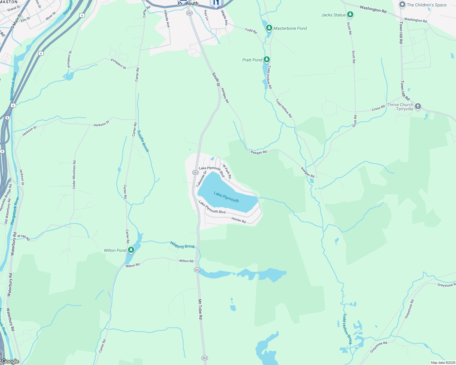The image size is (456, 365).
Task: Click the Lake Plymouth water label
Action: coord(226,197)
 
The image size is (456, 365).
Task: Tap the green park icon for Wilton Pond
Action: coord(131,250)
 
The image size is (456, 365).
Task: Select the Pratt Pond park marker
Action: coord(267,59)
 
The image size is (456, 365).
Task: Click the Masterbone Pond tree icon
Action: coord(269,28)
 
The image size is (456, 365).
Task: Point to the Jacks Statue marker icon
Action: coord(350,14)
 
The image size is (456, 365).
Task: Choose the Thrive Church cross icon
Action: coord(418,106)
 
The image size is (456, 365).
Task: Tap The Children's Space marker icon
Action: coord(402,5)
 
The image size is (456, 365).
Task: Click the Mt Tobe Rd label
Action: coord(200,309)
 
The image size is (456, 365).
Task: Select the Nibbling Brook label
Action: coord(182,245)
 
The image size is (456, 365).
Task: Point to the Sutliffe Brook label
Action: coord(143,141)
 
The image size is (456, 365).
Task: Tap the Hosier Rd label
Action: coord(239,220)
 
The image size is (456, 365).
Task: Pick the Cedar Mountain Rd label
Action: coord(74,175)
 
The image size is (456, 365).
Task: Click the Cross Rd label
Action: coord(378,108)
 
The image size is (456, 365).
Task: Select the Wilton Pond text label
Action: coord(115,250)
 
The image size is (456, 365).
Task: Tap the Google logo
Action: coord(10,361)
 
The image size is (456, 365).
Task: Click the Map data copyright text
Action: coord(443,363)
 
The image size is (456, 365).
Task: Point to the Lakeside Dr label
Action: coord(201,179)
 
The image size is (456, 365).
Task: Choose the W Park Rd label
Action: coord(227,172)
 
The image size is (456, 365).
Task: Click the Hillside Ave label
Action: coord(167,19)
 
